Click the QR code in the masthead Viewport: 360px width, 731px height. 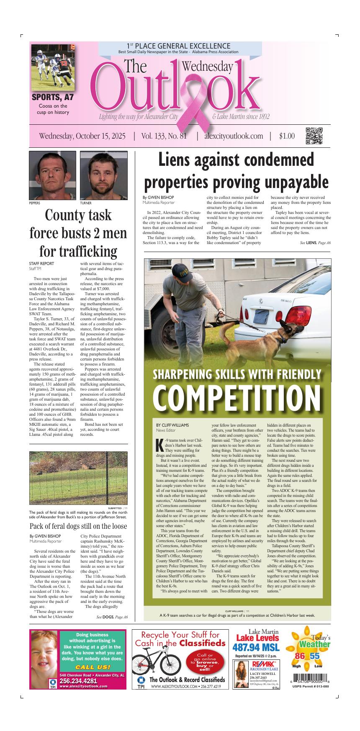(314, 136)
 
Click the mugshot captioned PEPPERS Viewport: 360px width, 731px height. (52, 175)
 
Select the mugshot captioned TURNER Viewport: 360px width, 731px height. (103, 175)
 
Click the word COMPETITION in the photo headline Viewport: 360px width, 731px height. (237, 396)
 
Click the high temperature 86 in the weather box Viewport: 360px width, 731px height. (300, 656)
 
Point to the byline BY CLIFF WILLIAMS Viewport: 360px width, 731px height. (172, 425)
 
